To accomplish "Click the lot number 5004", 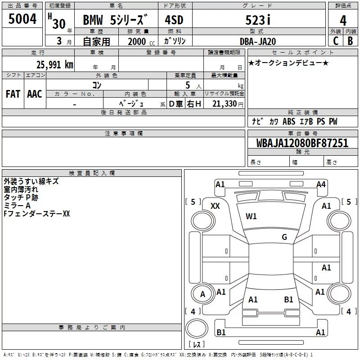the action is [x=22, y=18].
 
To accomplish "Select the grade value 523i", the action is [x=258, y=20].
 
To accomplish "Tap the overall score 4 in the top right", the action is [x=343, y=21].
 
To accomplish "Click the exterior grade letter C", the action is [x=336, y=41].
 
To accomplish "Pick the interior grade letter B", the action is [x=350, y=41].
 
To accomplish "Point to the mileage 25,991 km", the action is [x=54, y=65].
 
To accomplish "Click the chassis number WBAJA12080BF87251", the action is [x=302, y=143].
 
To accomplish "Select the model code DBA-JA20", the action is [x=257, y=41].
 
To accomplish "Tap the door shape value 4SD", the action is [x=174, y=20].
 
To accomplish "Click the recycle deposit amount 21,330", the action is [x=224, y=104].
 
